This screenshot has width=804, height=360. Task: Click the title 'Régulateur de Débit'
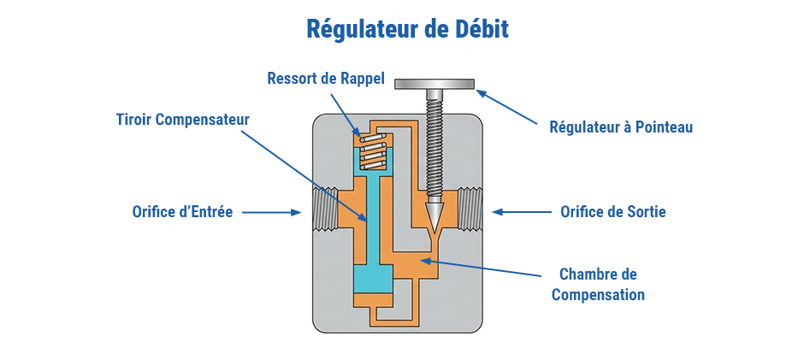click(407, 29)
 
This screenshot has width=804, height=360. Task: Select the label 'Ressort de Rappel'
click(326, 79)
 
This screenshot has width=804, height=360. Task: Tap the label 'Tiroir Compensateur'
click(183, 120)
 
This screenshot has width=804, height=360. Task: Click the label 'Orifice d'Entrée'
click(182, 211)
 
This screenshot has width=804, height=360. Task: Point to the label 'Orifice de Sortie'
click(612, 211)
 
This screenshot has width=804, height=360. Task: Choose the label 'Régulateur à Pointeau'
click(621, 127)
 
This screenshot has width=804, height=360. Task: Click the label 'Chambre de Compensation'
click(598, 285)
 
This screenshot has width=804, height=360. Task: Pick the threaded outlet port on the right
click(473, 210)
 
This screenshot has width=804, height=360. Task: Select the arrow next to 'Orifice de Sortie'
click(522, 211)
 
